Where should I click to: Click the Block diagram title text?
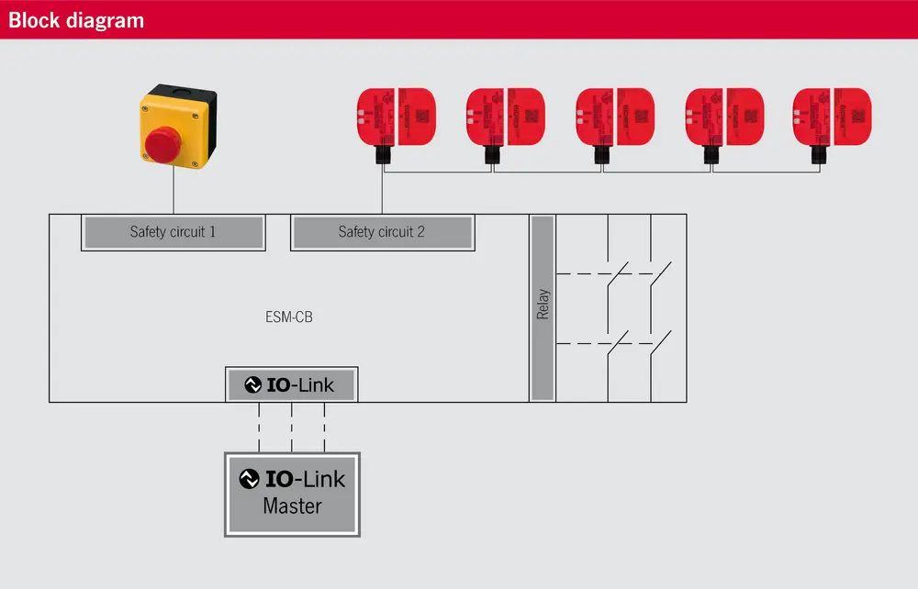coord(76,19)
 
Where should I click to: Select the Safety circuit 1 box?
coord(173,232)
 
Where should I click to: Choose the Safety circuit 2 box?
coord(382,232)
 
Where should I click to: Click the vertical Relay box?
coord(543,307)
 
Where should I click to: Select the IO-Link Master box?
coord(292,494)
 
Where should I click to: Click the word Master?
coord(292,506)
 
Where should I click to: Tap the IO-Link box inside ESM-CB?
coord(292,384)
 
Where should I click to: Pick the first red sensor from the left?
coord(395,117)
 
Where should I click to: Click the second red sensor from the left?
coord(505,117)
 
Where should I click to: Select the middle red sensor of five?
coord(614,117)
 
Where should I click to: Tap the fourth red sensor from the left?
coord(723,117)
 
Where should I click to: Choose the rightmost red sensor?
coord(832,117)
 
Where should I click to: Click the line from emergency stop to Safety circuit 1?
coord(174,193)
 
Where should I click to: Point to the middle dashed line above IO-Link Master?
coord(292,427)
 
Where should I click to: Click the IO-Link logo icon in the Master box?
coord(249,479)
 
